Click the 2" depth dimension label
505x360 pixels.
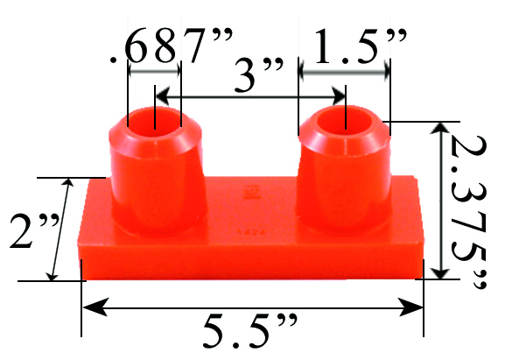coord(25,229)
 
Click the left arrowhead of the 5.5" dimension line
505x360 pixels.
coord(90,307)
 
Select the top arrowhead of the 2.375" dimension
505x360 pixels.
coord(441,130)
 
